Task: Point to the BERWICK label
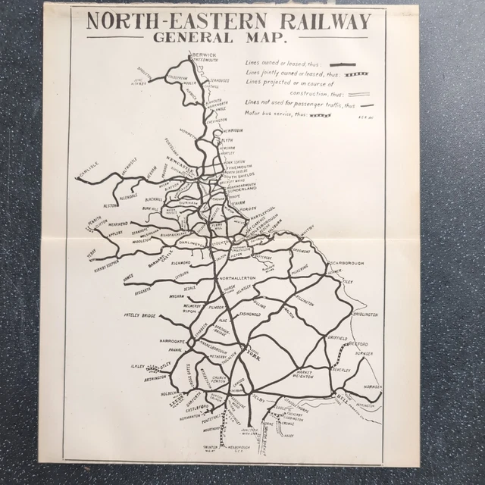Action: tap(205, 55)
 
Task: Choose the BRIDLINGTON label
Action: tap(364, 314)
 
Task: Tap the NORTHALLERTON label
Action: tap(238, 279)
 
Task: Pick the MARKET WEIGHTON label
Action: tap(304, 375)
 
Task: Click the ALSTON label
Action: tap(111, 205)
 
